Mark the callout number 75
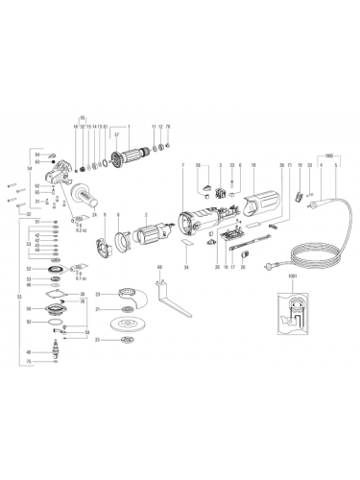pos(56,362)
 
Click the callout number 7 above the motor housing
pos(180,166)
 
